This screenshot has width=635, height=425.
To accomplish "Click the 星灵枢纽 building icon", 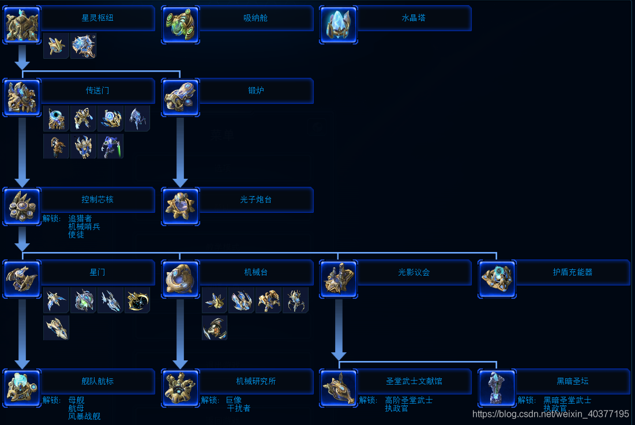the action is click(22, 25).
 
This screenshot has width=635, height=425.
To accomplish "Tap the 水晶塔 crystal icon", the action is click(339, 25).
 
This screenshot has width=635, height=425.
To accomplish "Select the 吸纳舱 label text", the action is click(255, 18).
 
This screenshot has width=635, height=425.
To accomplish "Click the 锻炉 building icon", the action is click(181, 97).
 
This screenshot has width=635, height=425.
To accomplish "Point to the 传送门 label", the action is click(97, 91).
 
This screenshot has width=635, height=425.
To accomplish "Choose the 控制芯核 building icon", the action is click(22, 206).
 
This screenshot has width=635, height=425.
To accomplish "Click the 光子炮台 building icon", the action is click(181, 206).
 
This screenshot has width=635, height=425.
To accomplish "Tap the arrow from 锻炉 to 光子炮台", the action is click(180, 152).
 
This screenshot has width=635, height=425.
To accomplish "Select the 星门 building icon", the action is click(22, 279).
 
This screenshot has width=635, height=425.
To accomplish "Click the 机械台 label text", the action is click(255, 272).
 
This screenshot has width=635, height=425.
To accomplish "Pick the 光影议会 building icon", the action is click(339, 279).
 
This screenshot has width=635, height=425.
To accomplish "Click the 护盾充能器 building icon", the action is click(497, 279).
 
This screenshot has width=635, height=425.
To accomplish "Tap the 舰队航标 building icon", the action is click(22, 388).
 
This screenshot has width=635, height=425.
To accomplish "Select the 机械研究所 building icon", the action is click(181, 388).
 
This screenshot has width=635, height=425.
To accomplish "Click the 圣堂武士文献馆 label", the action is click(414, 381).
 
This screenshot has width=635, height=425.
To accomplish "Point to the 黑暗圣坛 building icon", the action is click(497, 388).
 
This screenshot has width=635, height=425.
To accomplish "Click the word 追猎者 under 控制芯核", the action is click(80, 219).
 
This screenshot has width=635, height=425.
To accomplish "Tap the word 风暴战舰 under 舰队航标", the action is click(84, 416).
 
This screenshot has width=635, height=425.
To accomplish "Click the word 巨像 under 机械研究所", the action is click(234, 400).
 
